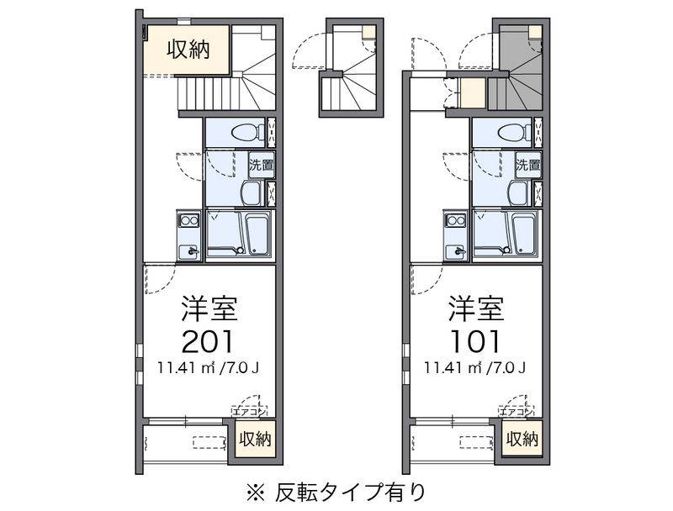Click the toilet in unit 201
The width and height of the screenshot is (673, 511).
[248, 132]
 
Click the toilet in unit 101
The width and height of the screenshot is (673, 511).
[515, 132]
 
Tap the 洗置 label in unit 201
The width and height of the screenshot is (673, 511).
[262, 165]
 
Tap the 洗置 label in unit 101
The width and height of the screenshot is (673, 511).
[528, 165]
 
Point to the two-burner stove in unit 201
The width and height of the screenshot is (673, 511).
[188, 220]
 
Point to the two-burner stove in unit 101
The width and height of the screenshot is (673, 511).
[456, 220]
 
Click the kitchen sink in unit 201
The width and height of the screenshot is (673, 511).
[188, 251]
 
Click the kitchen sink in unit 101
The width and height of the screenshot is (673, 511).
[456, 251]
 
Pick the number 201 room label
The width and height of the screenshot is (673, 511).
[207, 341]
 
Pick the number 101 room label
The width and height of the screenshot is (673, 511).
[475, 341]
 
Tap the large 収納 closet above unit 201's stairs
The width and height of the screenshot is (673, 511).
[187, 50]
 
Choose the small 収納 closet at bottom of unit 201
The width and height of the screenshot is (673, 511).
[256, 439]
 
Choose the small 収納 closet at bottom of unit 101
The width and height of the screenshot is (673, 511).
[522, 439]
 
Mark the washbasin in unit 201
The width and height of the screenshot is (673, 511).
[252, 193]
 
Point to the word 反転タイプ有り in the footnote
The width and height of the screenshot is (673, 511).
[350, 493]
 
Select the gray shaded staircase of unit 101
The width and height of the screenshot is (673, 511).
[519, 69]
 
